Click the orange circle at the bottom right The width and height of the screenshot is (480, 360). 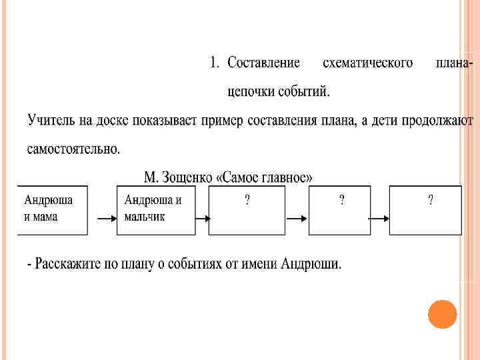442,314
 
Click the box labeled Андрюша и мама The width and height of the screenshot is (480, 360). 52,210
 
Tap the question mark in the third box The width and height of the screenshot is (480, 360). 247,200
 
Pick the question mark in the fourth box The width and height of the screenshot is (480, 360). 342,200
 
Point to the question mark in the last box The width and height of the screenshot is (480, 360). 431,200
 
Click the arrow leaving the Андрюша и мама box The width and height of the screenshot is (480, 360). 102,218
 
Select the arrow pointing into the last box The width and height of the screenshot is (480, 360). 378,218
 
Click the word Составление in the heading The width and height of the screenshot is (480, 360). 264,63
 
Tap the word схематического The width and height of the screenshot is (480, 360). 367,63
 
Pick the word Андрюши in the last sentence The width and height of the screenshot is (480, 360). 313,265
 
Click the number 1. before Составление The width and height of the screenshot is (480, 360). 214,63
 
